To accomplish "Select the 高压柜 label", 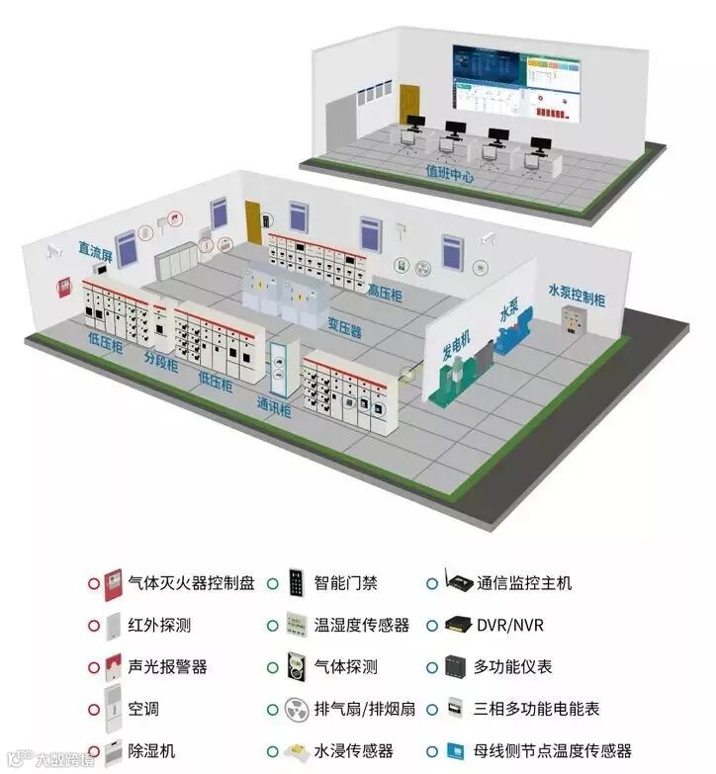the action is coord(384,292).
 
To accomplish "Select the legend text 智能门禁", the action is coord(345,583).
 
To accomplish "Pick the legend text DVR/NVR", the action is coord(509,626).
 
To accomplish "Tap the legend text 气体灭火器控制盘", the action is coord(191,583).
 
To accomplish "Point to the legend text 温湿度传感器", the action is coord(361,626).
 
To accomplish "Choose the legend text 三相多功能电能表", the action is coord(536,709).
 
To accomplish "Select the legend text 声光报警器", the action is coord(167,667).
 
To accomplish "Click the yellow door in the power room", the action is coord(253,225).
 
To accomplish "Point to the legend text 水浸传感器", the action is coord(353,751).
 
